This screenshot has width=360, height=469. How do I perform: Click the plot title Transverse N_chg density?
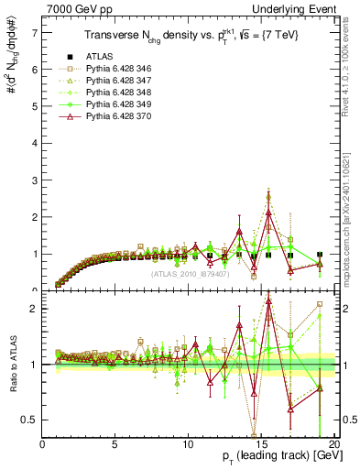pos(188,37)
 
